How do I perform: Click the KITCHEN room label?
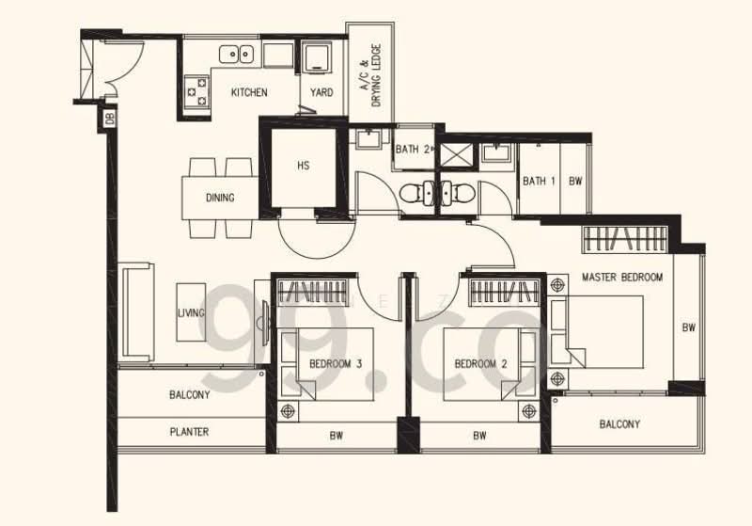pyautogui.click(x=249, y=92)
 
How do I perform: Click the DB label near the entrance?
pyautogui.click(x=109, y=119)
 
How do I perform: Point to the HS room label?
pyautogui.click(x=303, y=166)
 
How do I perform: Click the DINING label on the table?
pyautogui.click(x=219, y=198)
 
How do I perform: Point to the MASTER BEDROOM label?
pyautogui.click(x=622, y=278)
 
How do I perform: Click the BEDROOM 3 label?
pyautogui.click(x=336, y=363)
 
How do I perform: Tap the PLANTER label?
pyautogui.click(x=189, y=433)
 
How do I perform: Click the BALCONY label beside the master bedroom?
pyautogui.click(x=619, y=424)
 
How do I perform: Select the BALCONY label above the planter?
pyautogui.click(x=189, y=395)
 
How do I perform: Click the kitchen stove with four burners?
pyautogui.click(x=197, y=90)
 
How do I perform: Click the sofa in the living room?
pyautogui.click(x=136, y=311)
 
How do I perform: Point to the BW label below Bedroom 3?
pyautogui.click(x=336, y=436)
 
